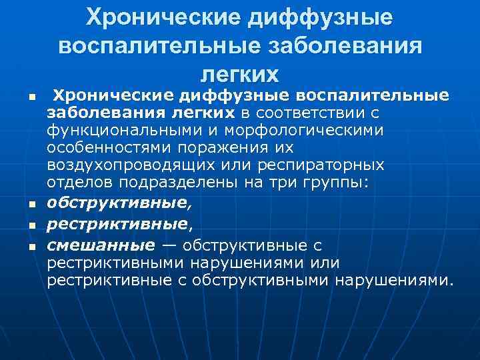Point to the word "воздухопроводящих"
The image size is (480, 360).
click(x=119, y=163)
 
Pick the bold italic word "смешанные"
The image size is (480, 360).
click(x=101, y=245)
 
